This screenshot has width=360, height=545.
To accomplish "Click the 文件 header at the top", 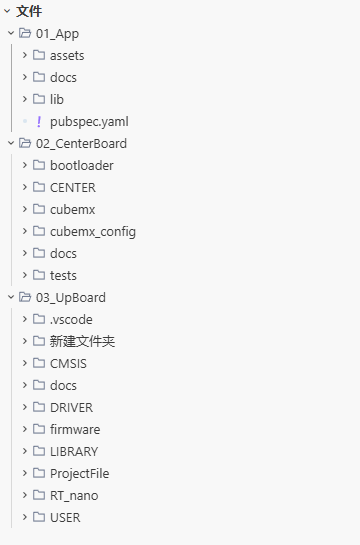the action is coord(29,11).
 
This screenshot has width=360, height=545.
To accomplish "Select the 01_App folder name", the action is coord(57,34).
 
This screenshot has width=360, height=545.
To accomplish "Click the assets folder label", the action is coord(67,56).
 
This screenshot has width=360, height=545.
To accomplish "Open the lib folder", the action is coord(57,99).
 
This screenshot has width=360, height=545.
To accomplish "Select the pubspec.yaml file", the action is coord(89,122).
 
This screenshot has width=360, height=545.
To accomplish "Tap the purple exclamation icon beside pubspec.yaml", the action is coord(39,122).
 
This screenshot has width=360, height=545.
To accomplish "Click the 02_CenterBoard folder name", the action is coord(81,144).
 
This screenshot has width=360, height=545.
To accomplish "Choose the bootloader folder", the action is coord(82,165).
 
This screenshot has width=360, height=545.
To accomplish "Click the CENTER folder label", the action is coord(73,188).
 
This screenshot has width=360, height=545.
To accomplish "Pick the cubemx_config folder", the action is coord(93,232).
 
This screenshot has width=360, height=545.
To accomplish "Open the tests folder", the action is coord(63,276).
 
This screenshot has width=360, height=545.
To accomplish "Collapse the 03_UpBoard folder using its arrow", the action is coord(11,297).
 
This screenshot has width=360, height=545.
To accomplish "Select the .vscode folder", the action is coord(71,320).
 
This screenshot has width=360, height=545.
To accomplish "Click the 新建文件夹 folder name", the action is coord(82,341).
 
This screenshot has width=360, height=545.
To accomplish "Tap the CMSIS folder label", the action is coord(68,364).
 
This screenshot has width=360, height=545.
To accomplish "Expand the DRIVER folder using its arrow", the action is coord(25,407).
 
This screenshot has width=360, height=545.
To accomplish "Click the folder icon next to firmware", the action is coord(39,429).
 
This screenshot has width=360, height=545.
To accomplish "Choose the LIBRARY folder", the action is coord(74,452).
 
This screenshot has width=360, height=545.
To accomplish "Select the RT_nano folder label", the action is coord(74,496).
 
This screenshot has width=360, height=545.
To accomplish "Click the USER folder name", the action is coord(65,518).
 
